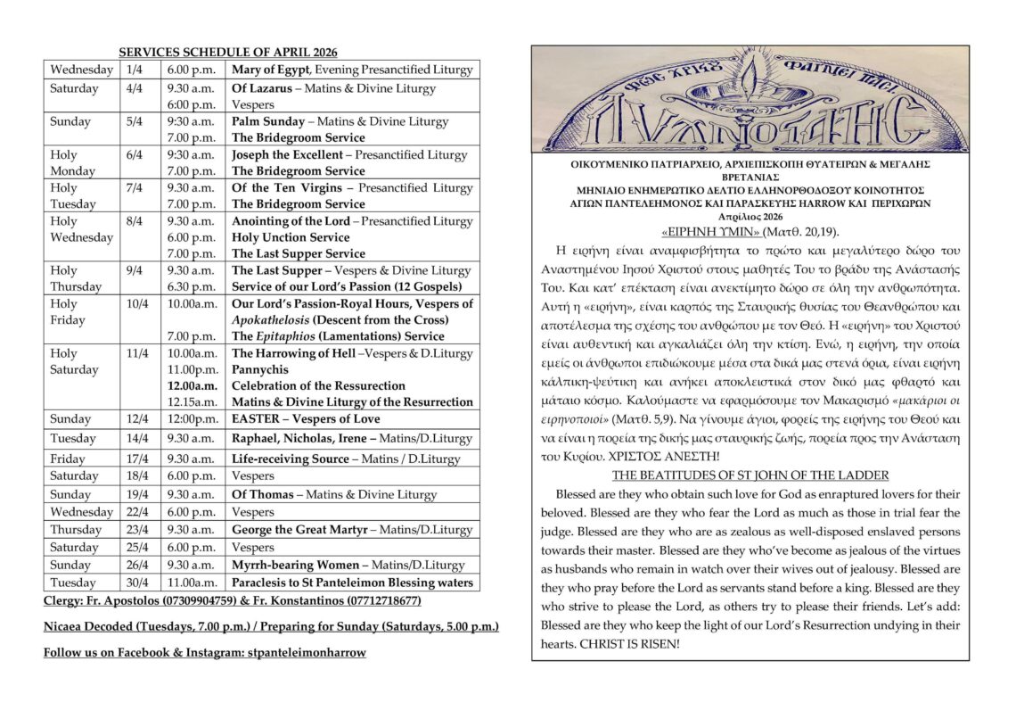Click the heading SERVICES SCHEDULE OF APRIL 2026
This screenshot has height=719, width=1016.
pyautogui.click(x=228, y=54)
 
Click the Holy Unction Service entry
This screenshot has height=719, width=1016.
pyautogui.click(x=291, y=238)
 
